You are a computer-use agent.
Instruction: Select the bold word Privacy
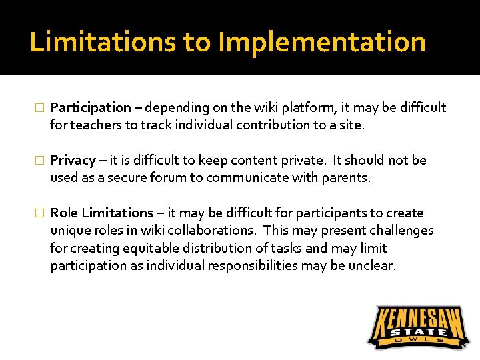73,161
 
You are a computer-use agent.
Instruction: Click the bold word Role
65,213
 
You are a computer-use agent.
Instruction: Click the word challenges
400,231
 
